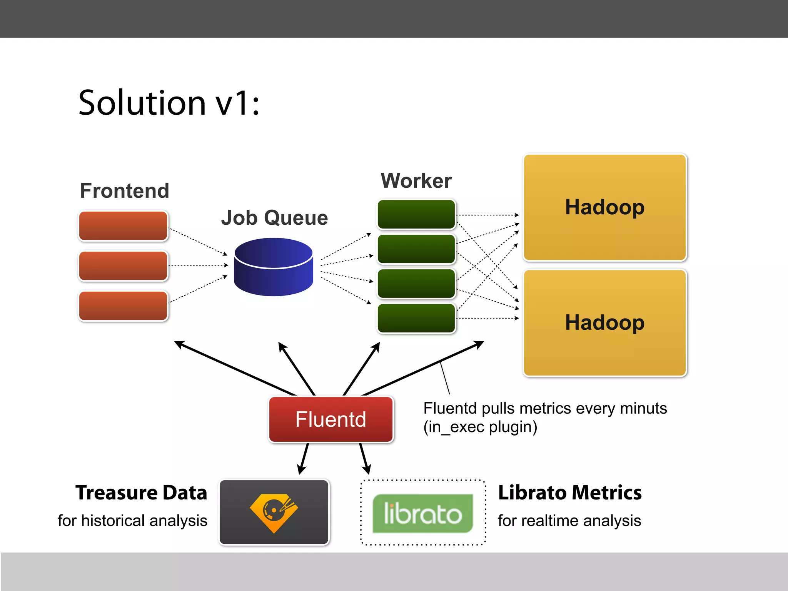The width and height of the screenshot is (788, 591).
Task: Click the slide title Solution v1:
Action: point(169,103)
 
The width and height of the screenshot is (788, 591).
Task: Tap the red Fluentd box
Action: point(331,419)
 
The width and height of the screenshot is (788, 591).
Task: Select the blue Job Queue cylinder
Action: point(274,267)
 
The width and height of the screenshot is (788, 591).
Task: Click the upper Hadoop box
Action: point(605,208)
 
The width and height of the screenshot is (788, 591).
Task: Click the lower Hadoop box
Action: point(605,323)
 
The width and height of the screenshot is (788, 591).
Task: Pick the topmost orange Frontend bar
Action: point(123,226)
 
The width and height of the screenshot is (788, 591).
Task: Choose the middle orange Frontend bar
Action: point(123,266)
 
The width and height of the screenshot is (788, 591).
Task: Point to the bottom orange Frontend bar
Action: point(123,306)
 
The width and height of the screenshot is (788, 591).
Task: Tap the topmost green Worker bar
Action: point(416,214)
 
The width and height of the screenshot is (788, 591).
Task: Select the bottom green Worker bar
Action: point(416,318)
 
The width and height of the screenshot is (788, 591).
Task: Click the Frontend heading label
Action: point(125,191)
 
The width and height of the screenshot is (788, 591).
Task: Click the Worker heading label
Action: point(416,181)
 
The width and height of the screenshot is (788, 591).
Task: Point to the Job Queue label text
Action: point(274,218)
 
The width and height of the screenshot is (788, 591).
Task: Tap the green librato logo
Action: point(422,513)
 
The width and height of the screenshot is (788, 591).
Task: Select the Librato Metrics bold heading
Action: point(570,493)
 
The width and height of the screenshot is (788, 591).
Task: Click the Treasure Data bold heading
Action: point(141,493)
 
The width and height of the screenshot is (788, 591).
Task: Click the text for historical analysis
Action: point(132,521)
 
